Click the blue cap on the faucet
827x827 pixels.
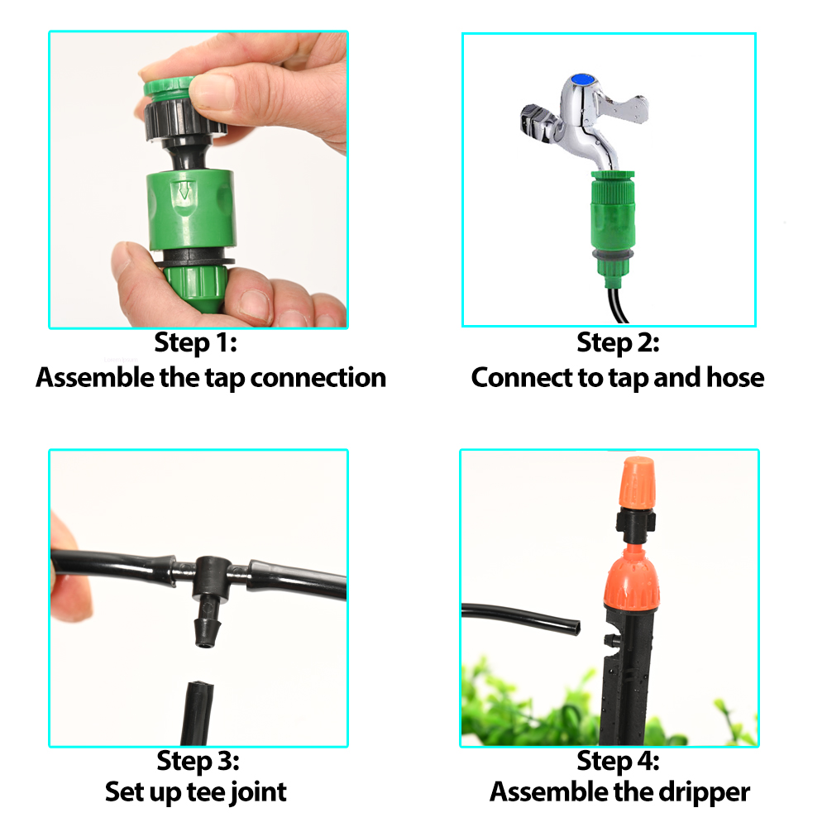pos(586,80)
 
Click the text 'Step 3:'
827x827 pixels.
pos(198,759)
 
